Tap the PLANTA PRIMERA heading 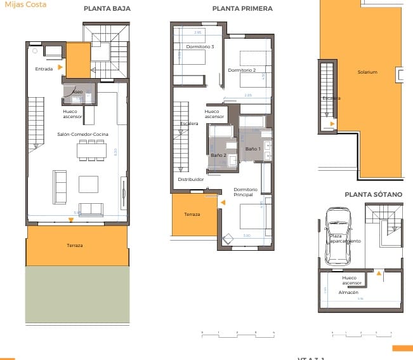(242, 9)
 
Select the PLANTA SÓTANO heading (373, 194)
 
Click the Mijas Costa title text (16, 4)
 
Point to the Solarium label (367, 72)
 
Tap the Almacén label (349, 292)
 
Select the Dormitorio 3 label (200, 46)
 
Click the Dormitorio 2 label (242, 70)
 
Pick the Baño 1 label (253, 149)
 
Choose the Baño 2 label (218, 155)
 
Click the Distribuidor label (190, 180)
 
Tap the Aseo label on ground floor (77, 91)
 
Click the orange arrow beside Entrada (60, 67)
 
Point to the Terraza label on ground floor (75, 245)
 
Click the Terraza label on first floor (192, 215)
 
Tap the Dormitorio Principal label (246, 192)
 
